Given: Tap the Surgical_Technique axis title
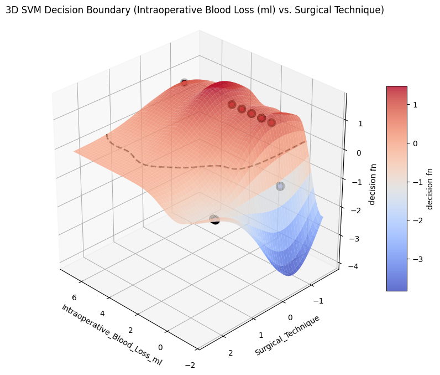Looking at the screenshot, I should (287, 335).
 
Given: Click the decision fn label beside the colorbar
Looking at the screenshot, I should (429, 188).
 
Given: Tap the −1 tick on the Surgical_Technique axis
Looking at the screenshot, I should (317, 299).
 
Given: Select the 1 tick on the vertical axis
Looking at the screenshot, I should (360, 124).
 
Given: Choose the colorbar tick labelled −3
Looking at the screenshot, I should (416, 259).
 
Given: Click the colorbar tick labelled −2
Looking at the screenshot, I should (416, 220).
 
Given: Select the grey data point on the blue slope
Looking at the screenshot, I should (280, 186).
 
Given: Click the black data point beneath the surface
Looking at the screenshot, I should (215, 220).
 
